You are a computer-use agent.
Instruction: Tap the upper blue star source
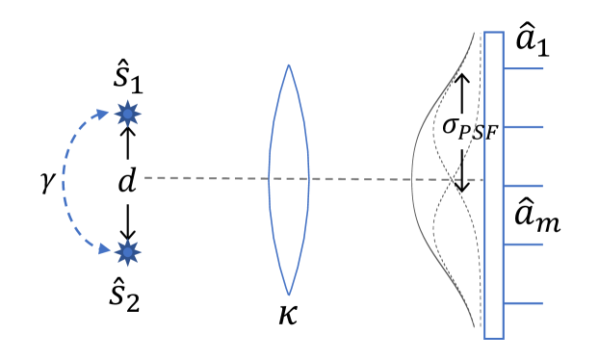[x=126, y=115]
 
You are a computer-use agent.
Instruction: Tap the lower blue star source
[x=126, y=253]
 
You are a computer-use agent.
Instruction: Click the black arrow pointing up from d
[x=126, y=144]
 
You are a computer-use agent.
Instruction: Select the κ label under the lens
[x=287, y=314]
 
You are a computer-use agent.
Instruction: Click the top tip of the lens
[x=288, y=65]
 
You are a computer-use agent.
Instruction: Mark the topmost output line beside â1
[x=524, y=68]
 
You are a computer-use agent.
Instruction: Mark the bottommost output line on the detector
[x=524, y=304]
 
